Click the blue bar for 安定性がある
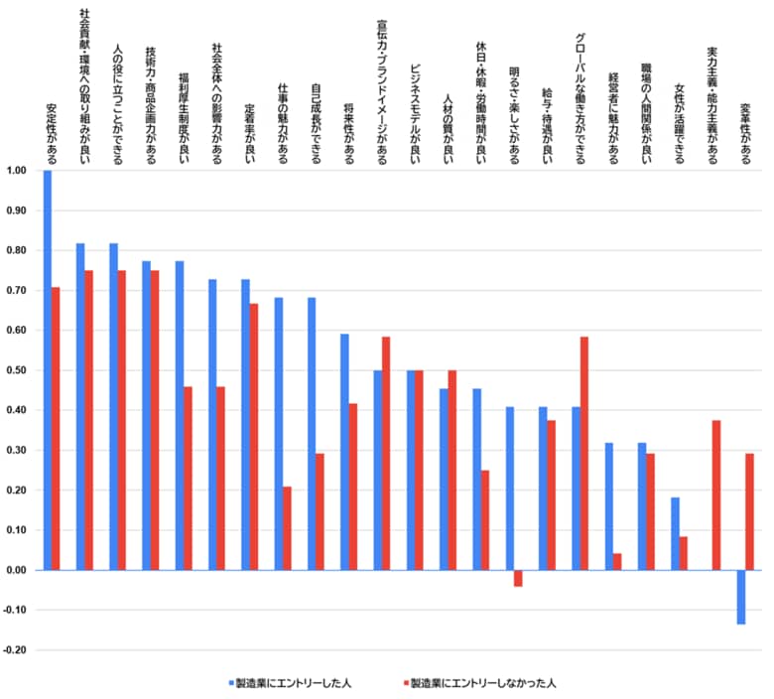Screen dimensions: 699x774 click(x=48, y=369)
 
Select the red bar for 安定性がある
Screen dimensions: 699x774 click(x=56, y=428)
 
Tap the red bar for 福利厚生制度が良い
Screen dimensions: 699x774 click(x=188, y=478)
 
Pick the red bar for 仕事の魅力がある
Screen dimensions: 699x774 click(x=287, y=528)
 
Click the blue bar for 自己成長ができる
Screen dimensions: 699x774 click(x=312, y=433)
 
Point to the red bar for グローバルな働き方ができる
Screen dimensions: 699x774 click(x=584, y=453)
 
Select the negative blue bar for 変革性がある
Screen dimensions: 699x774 click(x=741, y=597)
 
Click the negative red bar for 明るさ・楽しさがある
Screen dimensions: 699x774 click(x=518, y=578)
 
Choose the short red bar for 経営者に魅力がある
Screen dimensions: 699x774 click(x=617, y=562)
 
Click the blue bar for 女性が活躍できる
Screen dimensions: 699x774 click(x=676, y=533)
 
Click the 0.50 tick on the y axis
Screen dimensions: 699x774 click(x=17, y=370)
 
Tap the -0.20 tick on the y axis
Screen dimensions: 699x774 click(x=17, y=650)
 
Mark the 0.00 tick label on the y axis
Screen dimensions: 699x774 click(x=17, y=570)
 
